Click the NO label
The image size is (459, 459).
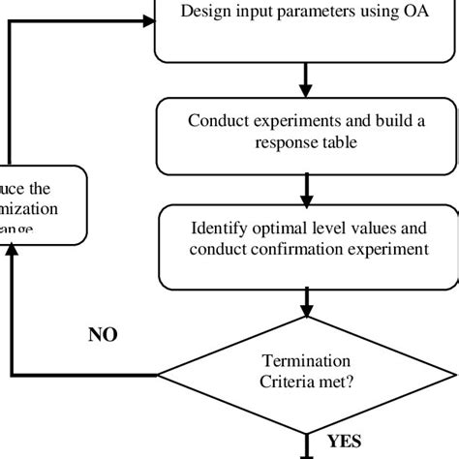tap(102, 335)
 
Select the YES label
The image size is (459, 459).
tap(343, 442)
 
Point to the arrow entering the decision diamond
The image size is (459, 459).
tap(307, 305)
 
